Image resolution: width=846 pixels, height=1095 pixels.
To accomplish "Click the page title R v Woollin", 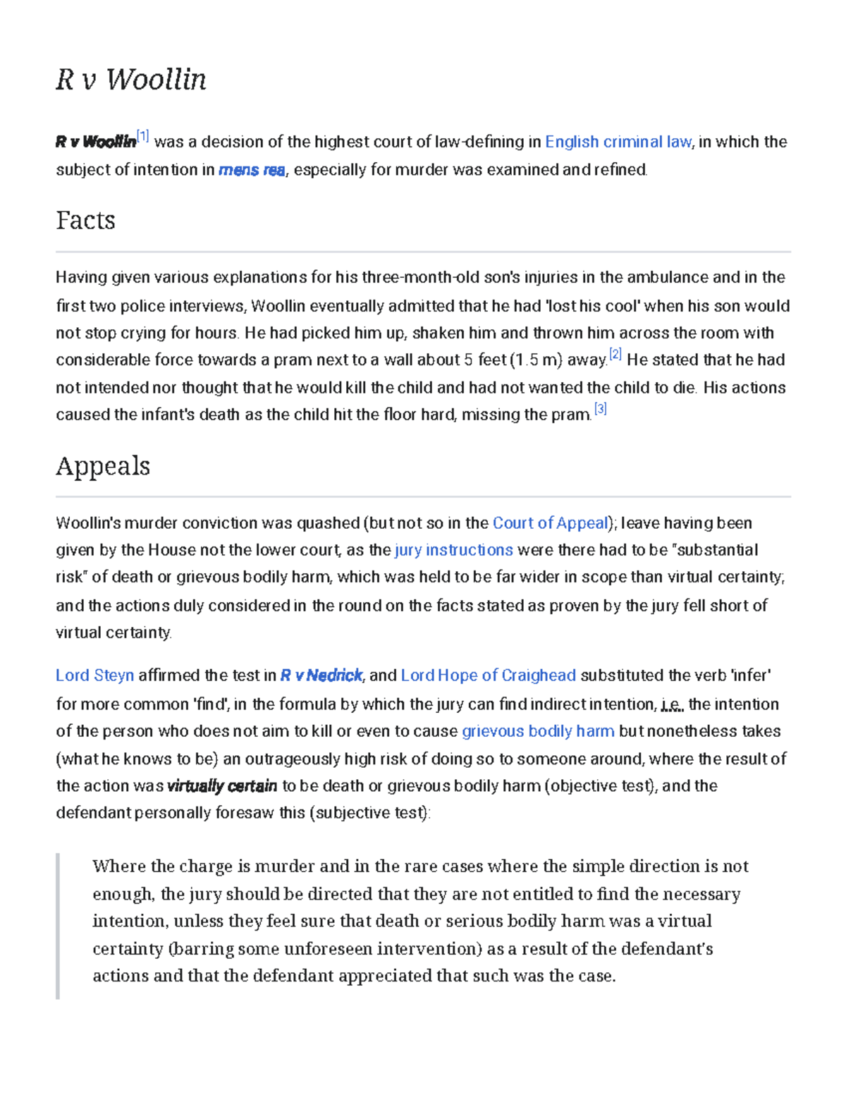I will (131, 79).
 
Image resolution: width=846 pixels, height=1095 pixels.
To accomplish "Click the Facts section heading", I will (85, 220).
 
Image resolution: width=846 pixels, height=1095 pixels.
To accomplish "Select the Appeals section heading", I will (103, 465).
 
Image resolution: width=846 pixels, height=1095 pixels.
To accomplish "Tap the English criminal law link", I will (618, 142).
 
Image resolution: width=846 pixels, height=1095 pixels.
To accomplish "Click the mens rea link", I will (252, 170).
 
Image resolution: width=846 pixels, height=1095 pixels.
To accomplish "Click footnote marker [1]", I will (143, 136).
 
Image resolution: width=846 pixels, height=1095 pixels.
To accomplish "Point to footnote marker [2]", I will (615, 355).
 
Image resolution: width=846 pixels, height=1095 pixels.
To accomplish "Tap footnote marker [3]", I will (600, 409).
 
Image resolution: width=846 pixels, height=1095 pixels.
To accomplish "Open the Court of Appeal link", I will (551, 523).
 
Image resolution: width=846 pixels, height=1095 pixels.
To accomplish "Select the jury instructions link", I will (454, 550).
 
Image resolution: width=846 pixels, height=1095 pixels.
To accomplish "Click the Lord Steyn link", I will (94, 675).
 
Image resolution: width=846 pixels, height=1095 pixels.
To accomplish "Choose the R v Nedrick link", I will (321, 675).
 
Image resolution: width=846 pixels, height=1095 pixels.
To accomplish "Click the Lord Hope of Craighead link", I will (488, 675).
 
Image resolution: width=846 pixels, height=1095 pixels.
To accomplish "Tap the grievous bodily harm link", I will (538, 731).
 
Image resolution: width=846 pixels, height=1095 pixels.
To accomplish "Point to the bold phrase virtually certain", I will (222, 786).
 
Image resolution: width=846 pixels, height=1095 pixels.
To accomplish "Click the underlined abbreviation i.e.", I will (672, 704).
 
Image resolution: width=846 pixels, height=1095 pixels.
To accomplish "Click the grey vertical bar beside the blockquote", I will (58, 926).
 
